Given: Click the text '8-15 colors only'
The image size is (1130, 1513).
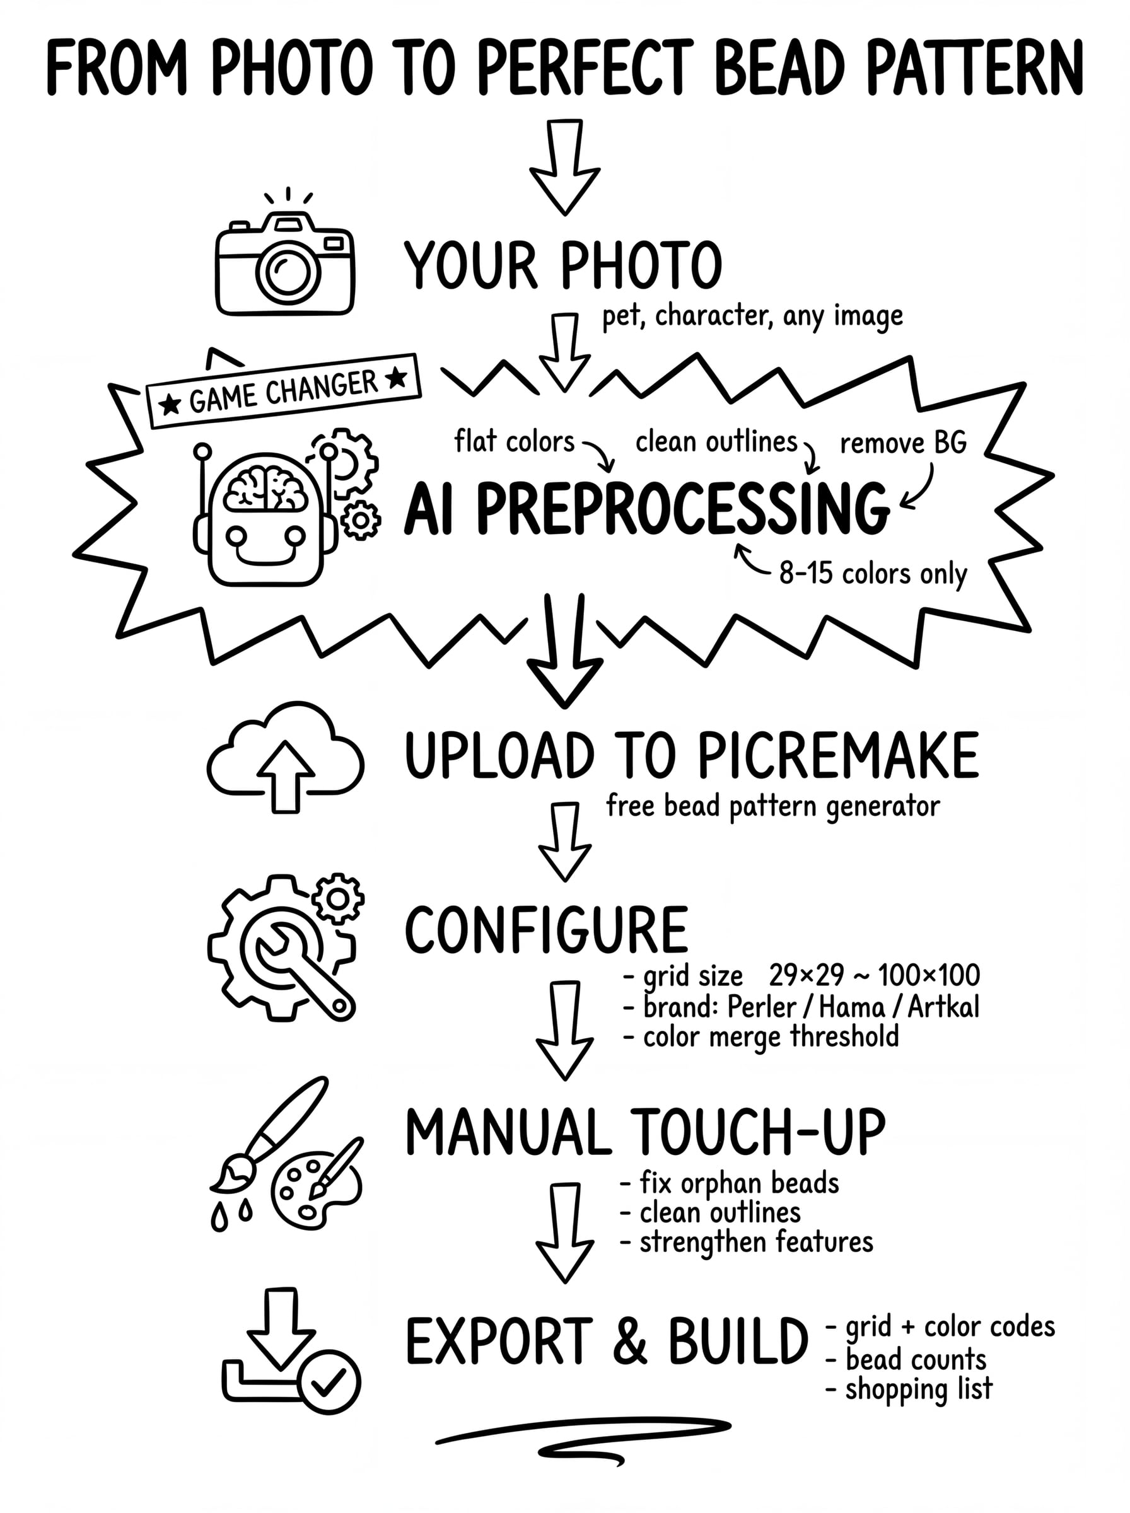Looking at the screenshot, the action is [873, 574].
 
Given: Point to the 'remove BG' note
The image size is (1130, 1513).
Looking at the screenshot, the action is [903, 444].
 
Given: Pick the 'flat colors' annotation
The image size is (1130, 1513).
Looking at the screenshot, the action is [515, 441].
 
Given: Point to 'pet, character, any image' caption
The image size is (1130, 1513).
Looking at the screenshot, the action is [752, 316].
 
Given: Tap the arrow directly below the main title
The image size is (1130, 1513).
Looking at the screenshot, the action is [565, 167].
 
